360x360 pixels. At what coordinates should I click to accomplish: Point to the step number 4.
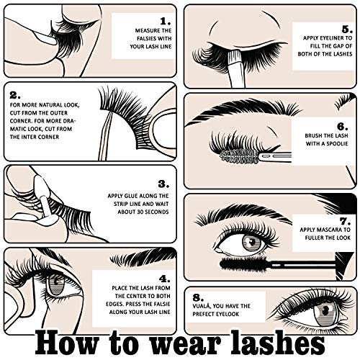(163, 276)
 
